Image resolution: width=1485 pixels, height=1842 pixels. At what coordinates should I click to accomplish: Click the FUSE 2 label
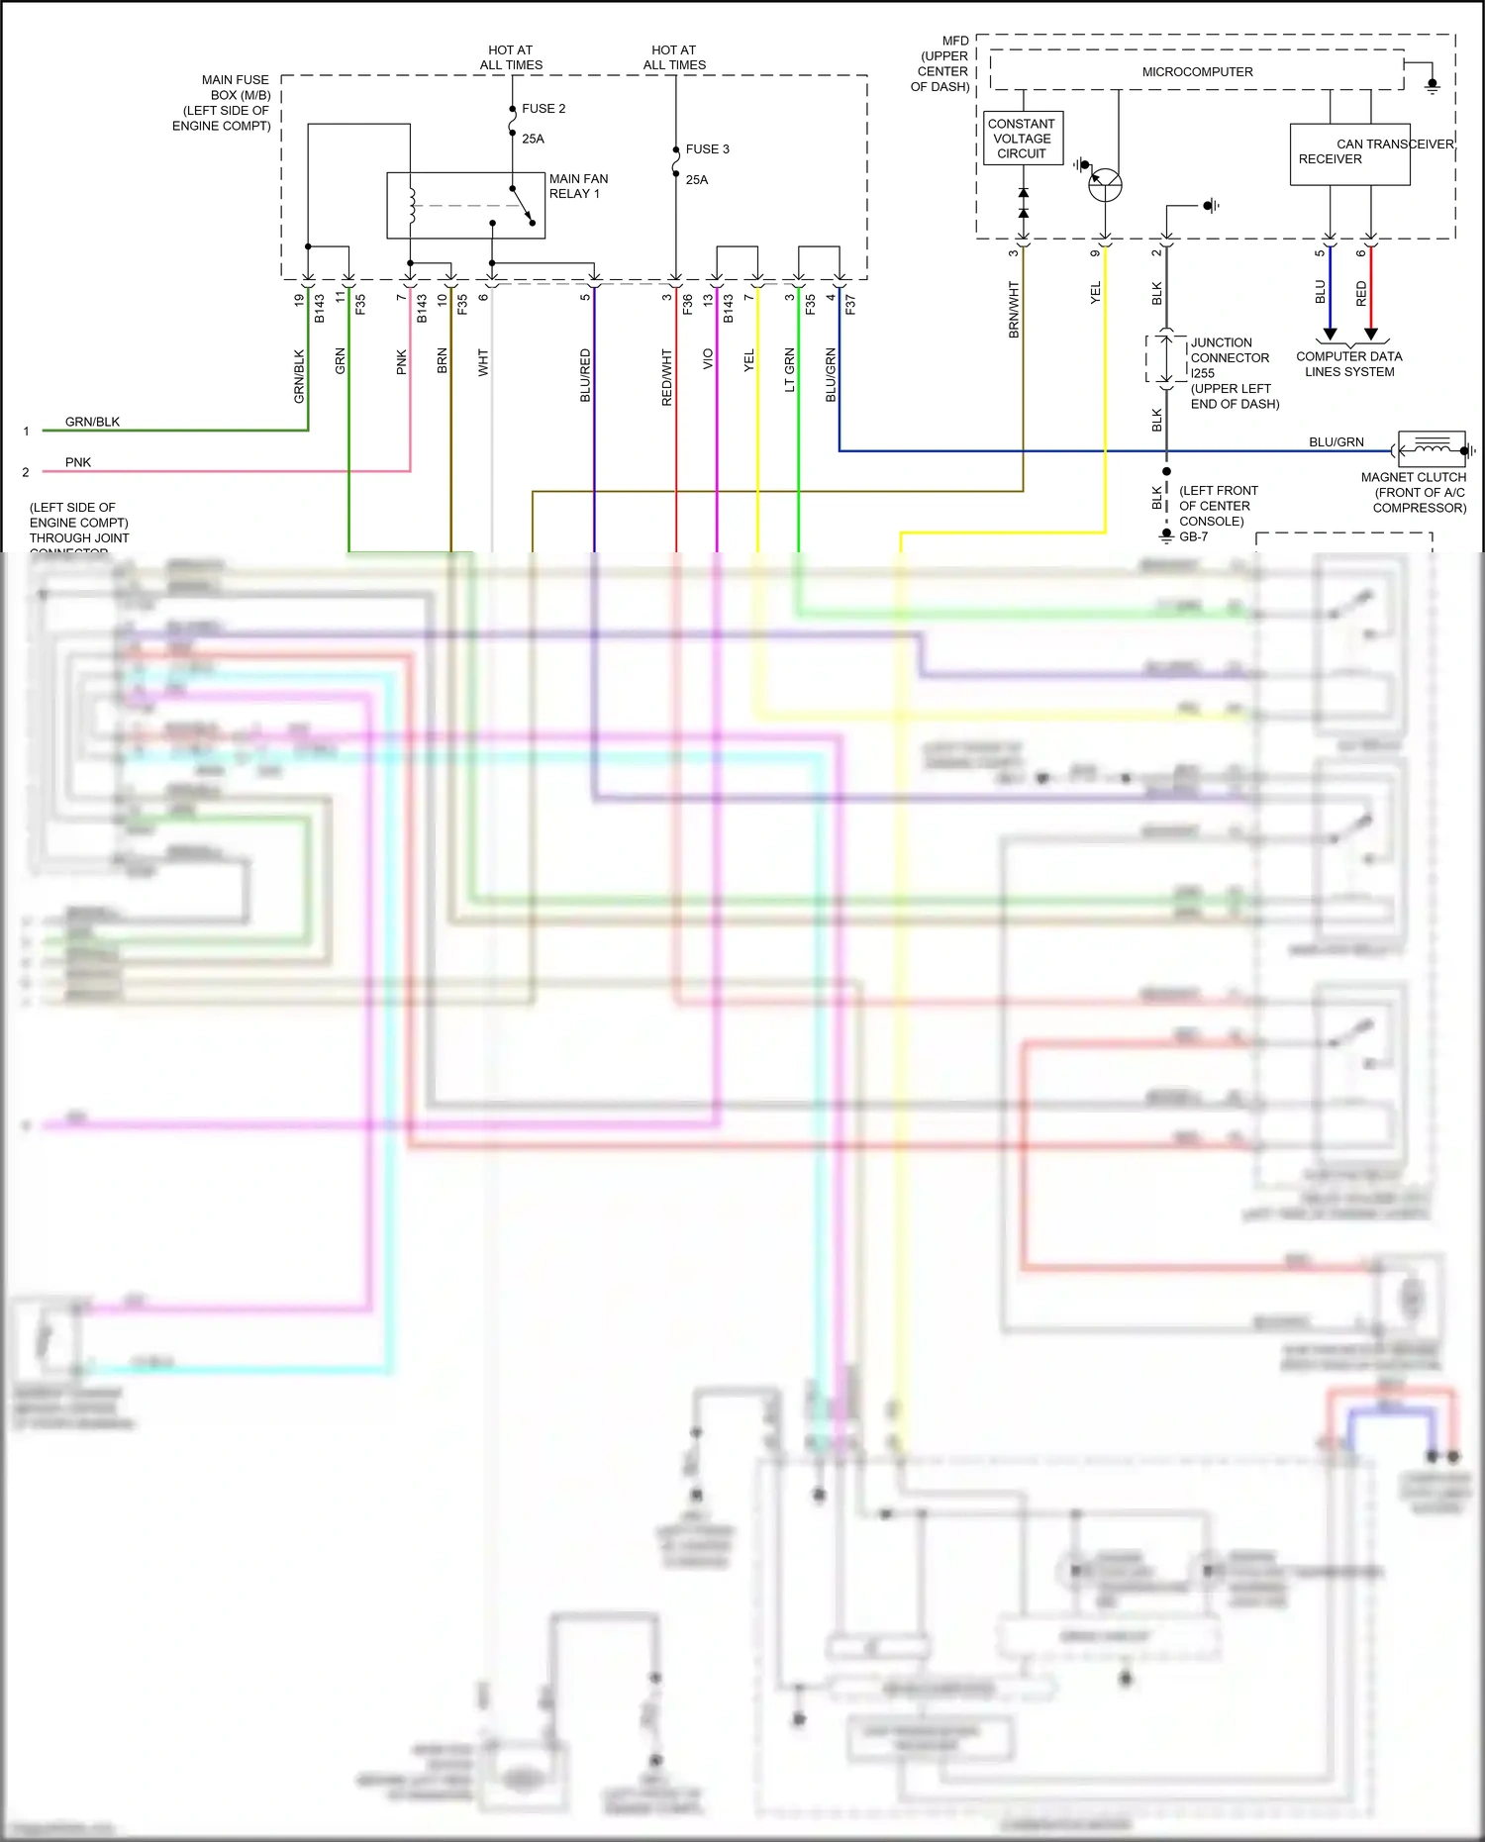[x=544, y=109]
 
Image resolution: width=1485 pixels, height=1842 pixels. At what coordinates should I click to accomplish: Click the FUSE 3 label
[x=707, y=149]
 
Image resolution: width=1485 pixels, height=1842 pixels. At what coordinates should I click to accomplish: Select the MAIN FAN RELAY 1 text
[x=578, y=186]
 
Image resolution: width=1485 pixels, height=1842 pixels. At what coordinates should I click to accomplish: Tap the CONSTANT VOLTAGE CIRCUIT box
[x=1023, y=139]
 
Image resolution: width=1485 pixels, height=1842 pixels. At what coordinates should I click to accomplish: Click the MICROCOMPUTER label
[x=1197, y=72]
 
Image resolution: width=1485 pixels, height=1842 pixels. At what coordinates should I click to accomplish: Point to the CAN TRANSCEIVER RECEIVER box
[x=1349, y=154]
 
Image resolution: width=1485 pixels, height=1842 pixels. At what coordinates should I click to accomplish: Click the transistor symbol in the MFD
[x=1104, y=185]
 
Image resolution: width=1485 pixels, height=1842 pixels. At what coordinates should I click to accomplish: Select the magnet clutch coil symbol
[x=1432, y=450]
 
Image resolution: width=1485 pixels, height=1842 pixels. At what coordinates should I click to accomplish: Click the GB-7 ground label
[x=1193, y=536]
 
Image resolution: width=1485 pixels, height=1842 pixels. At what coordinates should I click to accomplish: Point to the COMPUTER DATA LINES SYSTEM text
[x=1348, y=364]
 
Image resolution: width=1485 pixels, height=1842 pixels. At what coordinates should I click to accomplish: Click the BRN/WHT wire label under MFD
[x=1014, y=310]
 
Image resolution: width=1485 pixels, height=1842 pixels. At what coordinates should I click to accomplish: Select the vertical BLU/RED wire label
[x=585, y=375]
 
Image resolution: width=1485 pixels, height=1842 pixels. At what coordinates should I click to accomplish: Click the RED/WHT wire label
[x=667, y=376]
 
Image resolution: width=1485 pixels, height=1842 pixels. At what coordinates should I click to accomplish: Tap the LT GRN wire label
[x=789, y=370]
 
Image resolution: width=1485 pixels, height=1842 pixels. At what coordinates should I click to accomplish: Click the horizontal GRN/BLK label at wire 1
[x=92, y=422]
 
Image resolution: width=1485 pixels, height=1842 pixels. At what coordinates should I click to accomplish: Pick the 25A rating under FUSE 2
[x=533, y=139]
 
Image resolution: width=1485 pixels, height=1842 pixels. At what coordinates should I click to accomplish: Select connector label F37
[x=850, y=305]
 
